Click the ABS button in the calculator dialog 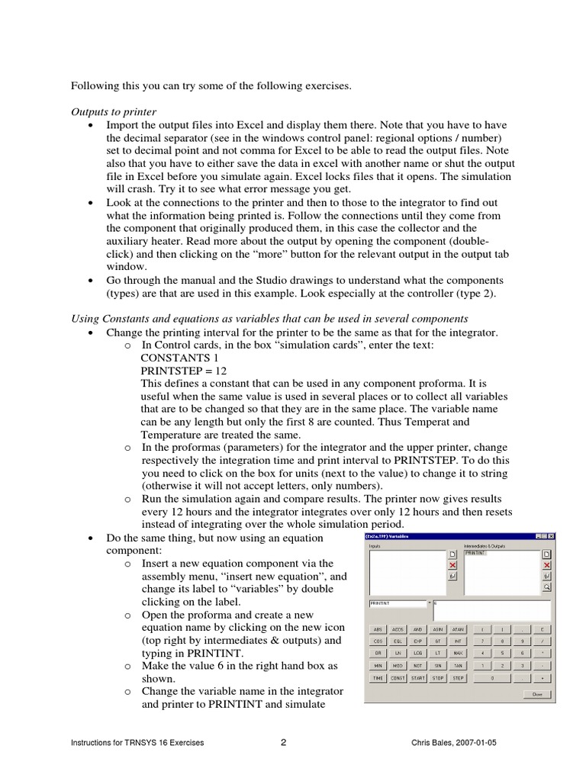[378, 629]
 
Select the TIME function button [378, 677]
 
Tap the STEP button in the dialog [458, 677]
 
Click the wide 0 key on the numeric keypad [492, 677]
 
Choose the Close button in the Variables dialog [537, 695]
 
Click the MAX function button [458, 653]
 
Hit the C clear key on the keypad [542, 629]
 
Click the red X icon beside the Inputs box [452, 565]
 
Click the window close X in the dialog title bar [551, 536]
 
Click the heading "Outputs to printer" [113, 112]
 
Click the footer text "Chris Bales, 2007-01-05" [453, 744]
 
